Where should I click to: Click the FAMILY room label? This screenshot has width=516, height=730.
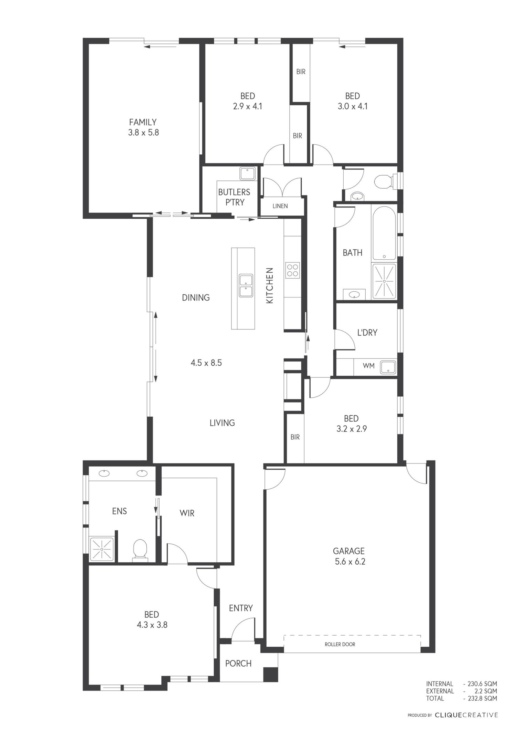tap(143, 122)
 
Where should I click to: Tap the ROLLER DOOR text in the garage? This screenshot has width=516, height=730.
tap(340, 644)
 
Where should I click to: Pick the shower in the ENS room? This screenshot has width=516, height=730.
tap(101, 549)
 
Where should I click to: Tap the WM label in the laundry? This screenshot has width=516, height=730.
tap(368, 366)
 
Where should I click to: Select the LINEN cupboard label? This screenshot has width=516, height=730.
tap(280, 206)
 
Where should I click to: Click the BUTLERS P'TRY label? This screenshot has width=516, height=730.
tap(234, 197)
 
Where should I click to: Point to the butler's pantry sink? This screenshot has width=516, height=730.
tap(247, 173)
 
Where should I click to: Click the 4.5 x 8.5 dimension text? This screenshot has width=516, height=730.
tap(206, 363)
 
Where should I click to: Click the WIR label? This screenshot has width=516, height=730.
tap(187, 513)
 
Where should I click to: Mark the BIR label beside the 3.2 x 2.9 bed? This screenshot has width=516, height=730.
tap(295, 437)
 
